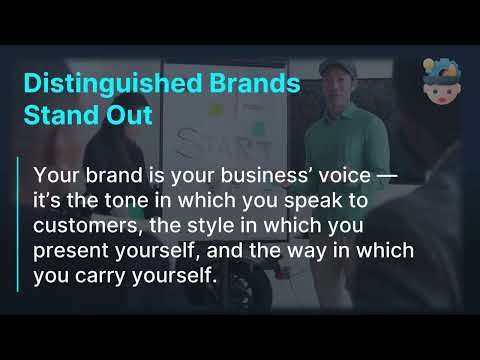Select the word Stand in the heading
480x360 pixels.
[59, 114]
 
